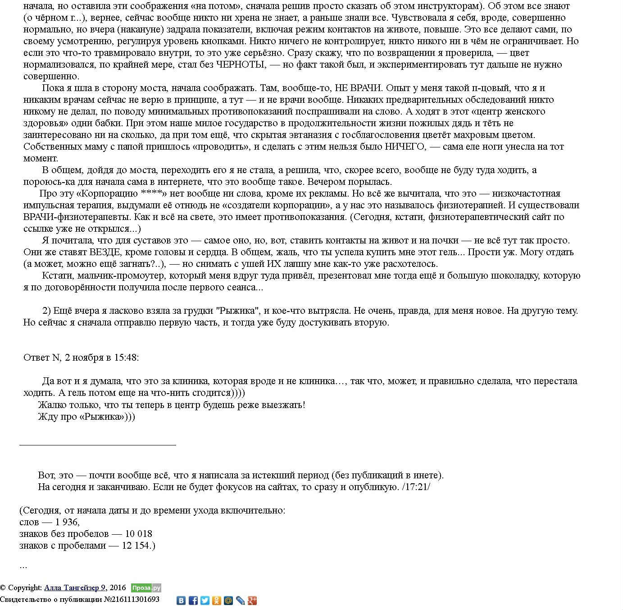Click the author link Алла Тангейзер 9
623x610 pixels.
pos(75,587)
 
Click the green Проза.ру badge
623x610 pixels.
pos(146,588)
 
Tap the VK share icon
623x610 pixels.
pos(181,601)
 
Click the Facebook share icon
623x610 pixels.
pos(193,601)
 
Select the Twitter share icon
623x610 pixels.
pos(205,601)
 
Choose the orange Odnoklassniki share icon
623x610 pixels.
pos(217,601)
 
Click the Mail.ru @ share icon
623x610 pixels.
pos(228,601)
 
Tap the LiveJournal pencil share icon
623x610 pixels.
pos(241,601)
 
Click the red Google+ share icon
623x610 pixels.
pos(252,601)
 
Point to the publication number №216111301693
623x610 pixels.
pos(132,600)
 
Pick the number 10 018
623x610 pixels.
pos(138,534)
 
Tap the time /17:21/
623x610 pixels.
pos(416,487)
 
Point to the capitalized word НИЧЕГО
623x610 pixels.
pos(405,147)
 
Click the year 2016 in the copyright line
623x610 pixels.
pos(118,587)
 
